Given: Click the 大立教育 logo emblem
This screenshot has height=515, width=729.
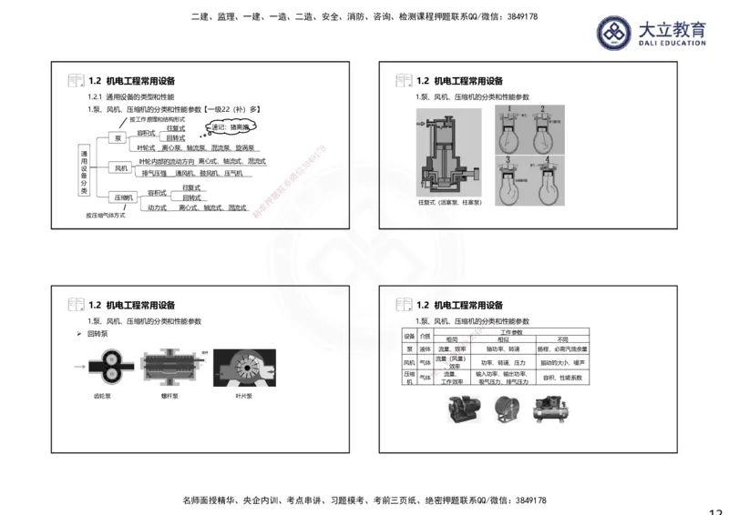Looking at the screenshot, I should (x=614, y=33).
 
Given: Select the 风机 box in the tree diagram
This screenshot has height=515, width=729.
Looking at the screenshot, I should (x=121, y=167).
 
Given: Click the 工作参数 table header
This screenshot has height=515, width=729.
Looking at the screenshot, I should (x=511, y=331).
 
